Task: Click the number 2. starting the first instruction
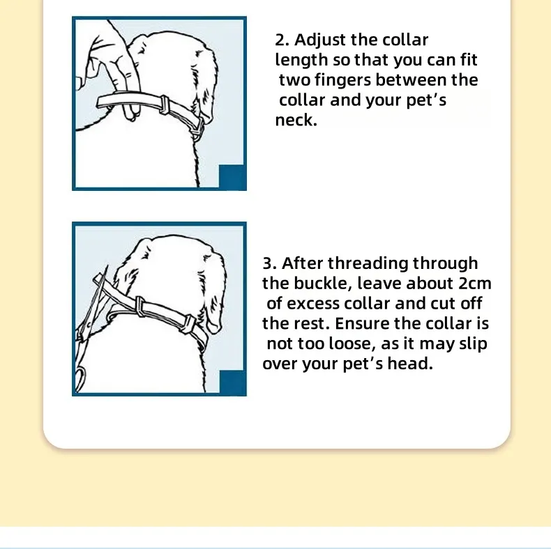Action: [282, 40]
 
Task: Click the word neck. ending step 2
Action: [296, 120]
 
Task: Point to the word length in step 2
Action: [299, 60]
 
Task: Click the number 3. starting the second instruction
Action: [270, 263]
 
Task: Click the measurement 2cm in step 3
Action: [474, 284]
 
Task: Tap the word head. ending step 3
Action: [409, 364]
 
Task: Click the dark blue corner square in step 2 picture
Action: [232, 177]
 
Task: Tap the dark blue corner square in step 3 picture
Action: [232, 382]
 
